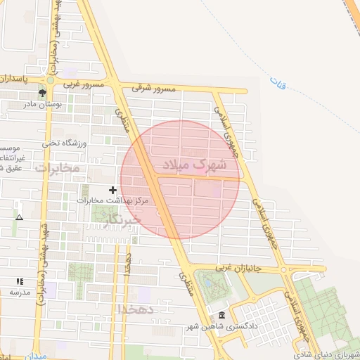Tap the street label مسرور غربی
(84, 84)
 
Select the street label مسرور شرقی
(153, 89)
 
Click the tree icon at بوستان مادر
(43, 92)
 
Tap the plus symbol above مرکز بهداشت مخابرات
(112, 190)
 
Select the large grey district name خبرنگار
(123, 221)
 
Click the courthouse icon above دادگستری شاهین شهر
(222, 314)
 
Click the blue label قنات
(278, 84)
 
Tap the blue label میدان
(37, 356)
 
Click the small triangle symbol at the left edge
(19, 217)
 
